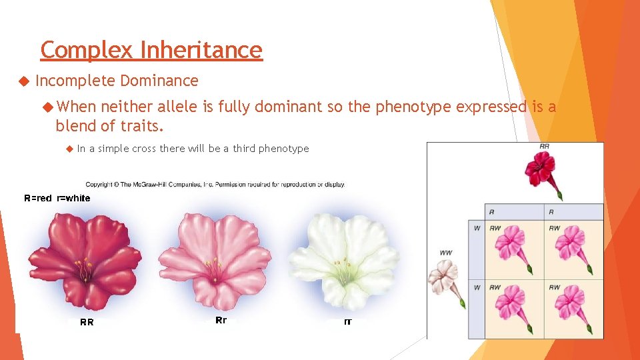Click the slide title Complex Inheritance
pyautogui.click(x=151, y=50)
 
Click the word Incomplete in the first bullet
pyautogui.click(x=75, y=81)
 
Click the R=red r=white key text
pyautogui.click(x=57, y=198)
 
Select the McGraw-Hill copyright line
pyautogui.click(x=215, y=184)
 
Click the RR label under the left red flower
pyautogui.click(x=87, y=323)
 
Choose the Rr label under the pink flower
pyautogui.click(x=221, y=321)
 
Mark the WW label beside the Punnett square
pyautogui.click(x=446, y=253)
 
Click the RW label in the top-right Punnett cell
pyautogui.click(x=555, y=228)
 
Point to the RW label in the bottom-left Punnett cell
pyautogui.click(x=495, y=287)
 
